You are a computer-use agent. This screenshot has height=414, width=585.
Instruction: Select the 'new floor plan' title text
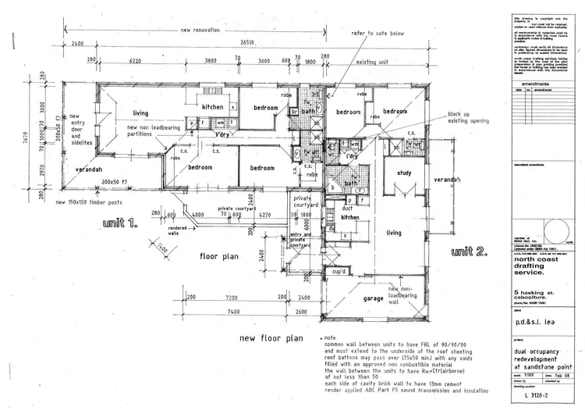pos(270,338)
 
